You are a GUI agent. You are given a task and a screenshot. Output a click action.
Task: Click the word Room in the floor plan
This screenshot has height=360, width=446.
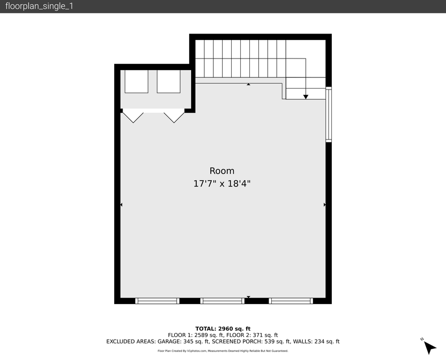click(222, 170)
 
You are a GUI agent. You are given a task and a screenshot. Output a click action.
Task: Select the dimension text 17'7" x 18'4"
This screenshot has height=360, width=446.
click(222, 183)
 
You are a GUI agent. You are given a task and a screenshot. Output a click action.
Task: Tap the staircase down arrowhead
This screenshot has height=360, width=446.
click(306, 96)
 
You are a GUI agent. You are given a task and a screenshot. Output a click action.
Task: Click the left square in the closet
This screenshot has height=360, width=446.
click(136, 81)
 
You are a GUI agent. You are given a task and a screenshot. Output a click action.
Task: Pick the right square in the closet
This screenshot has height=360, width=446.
click(168, 81)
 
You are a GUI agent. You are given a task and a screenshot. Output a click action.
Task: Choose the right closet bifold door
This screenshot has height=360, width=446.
click(174, 117)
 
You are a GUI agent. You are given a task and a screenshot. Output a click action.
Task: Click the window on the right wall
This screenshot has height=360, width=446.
click(328, 114)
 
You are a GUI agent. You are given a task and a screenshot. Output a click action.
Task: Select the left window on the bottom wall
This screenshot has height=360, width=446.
click(157, 301)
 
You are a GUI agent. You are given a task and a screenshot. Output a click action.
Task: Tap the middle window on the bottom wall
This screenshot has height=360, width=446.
click(222, 301)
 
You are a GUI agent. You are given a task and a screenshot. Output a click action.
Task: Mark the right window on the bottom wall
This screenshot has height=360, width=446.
click(291, 301)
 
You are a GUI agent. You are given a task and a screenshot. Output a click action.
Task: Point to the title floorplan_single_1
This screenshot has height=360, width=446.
click(39, 6)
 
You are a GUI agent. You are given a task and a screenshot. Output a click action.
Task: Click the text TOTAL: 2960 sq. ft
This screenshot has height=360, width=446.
click(223, 328)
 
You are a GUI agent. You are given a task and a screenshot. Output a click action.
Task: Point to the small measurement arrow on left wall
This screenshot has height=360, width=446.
click(121, 204)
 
